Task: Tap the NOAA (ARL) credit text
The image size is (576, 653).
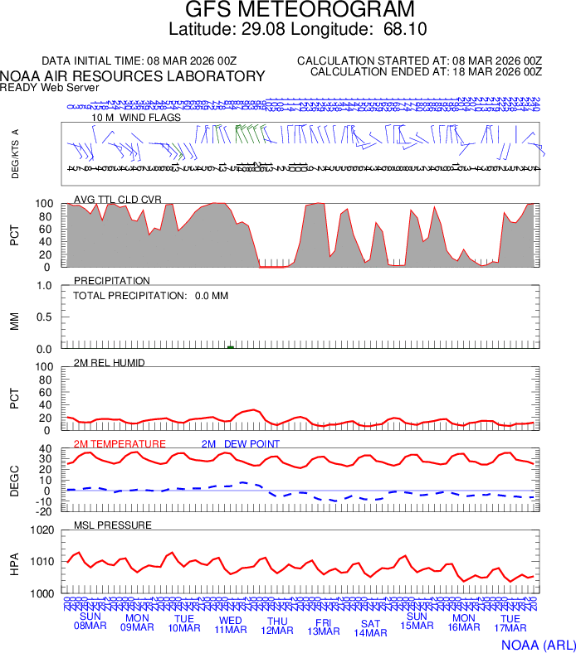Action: (537, 644)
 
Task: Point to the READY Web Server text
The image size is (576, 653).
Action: (50, 87)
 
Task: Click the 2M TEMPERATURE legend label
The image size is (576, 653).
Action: (120, 443)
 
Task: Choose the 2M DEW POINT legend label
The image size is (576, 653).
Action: (241, 443)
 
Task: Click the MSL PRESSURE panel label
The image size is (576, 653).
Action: (113, 525)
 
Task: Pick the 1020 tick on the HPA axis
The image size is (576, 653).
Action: (41, 531)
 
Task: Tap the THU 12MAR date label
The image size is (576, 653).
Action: (277, 625)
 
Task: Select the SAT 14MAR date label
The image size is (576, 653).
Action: (370, 628)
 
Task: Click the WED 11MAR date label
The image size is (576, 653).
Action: (231, 625)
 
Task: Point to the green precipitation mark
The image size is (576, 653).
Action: (231, 347)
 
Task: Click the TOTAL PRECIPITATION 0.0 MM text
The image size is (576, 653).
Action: (151, 295)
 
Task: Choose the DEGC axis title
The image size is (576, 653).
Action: (15, 480)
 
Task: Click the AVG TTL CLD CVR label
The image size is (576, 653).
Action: (118, 199)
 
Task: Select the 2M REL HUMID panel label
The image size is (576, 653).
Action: (110, 362)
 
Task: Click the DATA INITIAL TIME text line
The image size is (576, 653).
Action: (139, 61)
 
